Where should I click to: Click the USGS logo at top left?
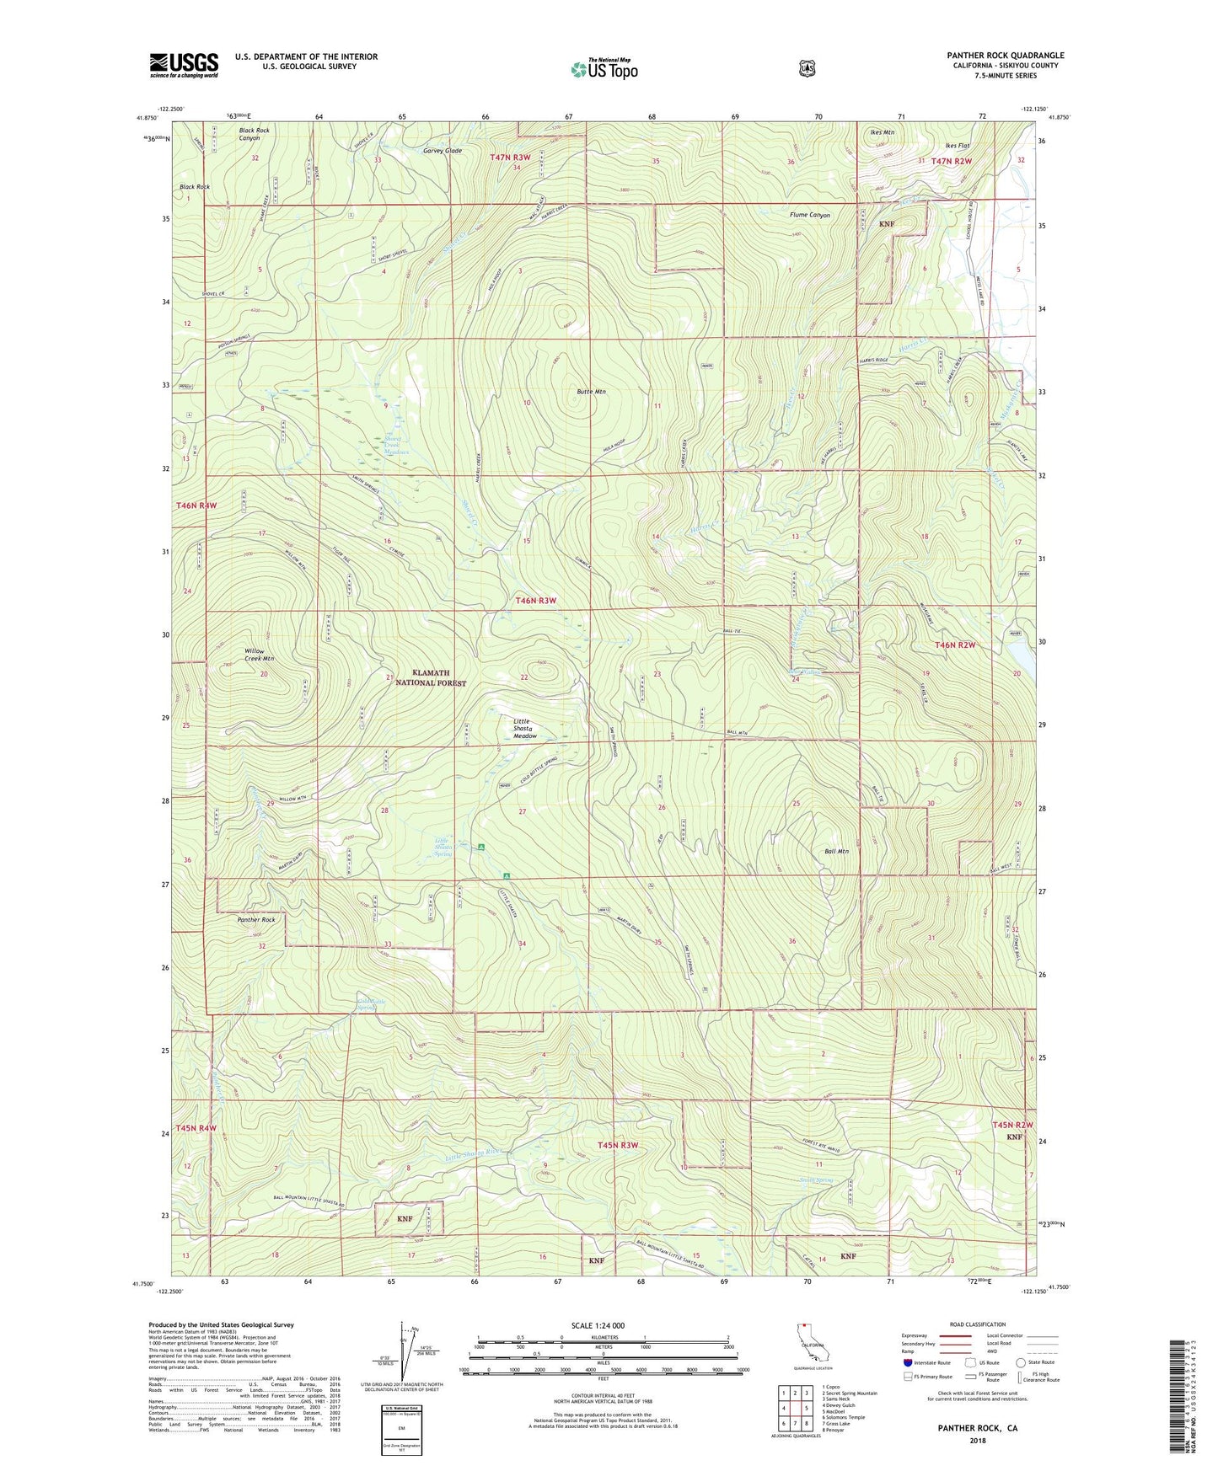[184, 65]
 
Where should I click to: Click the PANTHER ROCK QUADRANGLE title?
[1005, 56]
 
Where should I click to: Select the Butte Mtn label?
[590, 392]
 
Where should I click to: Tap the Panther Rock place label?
[256, 920]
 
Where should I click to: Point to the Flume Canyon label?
[810, 215]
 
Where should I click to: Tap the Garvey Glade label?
[443, 151]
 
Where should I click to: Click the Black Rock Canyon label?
[254, 134]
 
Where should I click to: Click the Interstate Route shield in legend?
[907, 1362]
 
